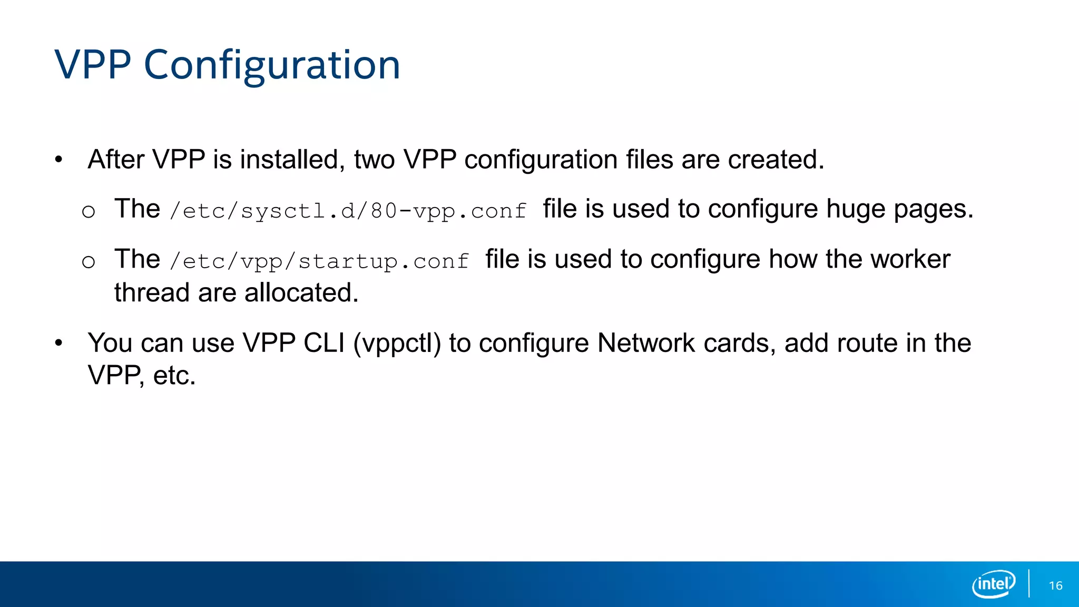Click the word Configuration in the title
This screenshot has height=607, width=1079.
[272, 65]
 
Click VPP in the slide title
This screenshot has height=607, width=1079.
[93, 65]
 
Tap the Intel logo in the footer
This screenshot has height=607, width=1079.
[993, 584]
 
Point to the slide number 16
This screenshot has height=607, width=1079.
[1055, 585]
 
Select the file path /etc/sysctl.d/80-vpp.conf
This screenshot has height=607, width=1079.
[348, 211]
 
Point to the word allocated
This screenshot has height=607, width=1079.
[301, 292]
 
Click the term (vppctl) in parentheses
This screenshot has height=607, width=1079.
[397, 343]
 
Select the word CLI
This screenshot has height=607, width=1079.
[324, 343]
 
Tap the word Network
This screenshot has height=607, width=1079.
[646, 343]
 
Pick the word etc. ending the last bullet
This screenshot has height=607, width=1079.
[174, 376]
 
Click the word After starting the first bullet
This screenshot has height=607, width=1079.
[116, 159]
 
